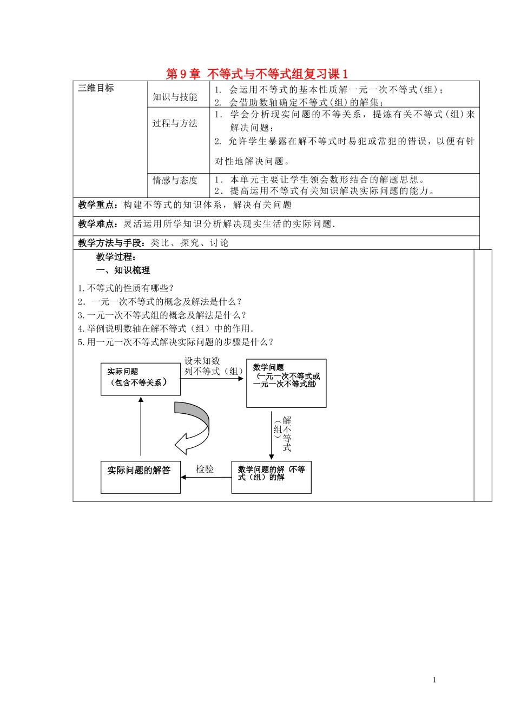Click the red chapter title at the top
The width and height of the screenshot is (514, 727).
pyautogui.click(x=257, y=74)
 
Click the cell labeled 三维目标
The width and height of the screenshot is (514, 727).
pyautogui.click(x=96, y=88)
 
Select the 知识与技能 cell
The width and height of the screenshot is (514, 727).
pyautogui.click(x=175, y=97)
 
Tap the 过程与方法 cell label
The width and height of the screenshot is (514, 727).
pyautogui.click(x=175, y=123)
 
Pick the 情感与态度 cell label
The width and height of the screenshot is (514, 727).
pyautogui.click(x=175, y=180)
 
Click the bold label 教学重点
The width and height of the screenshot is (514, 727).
pyautogui.click(x=97, y=205)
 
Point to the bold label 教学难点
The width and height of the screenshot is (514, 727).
pyautogui.click(x=97, y=224)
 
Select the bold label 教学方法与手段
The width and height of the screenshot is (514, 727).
pyautogui.click(x=113, y=243)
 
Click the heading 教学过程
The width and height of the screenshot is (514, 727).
pyautogui.click(x=116, y=257)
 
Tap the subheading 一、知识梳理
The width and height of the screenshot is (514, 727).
pyautogui.click(x=123, y=270)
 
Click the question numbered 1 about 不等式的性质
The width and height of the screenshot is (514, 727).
pyautogui.click(x=126, y=288)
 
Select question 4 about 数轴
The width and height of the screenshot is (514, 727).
pyautogui.click(x=166, y=328)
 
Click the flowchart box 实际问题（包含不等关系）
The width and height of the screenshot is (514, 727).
pyautogui.click(x=140, y=379)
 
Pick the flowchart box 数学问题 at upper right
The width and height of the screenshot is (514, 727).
pyautogui.click(x=286, y=383)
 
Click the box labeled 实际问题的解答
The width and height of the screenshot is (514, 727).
pyautogui.click(x=140, y=477)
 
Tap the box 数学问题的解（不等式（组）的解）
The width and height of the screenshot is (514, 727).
pyautogui.click(x=271, y=477)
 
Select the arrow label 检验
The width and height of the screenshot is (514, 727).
pyautogui.click(x=205, y=469)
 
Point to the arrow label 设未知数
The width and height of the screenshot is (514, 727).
pyautogui.click(x=202, y=361)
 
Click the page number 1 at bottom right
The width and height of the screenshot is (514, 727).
pyautogui.click(x=434, y=680)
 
